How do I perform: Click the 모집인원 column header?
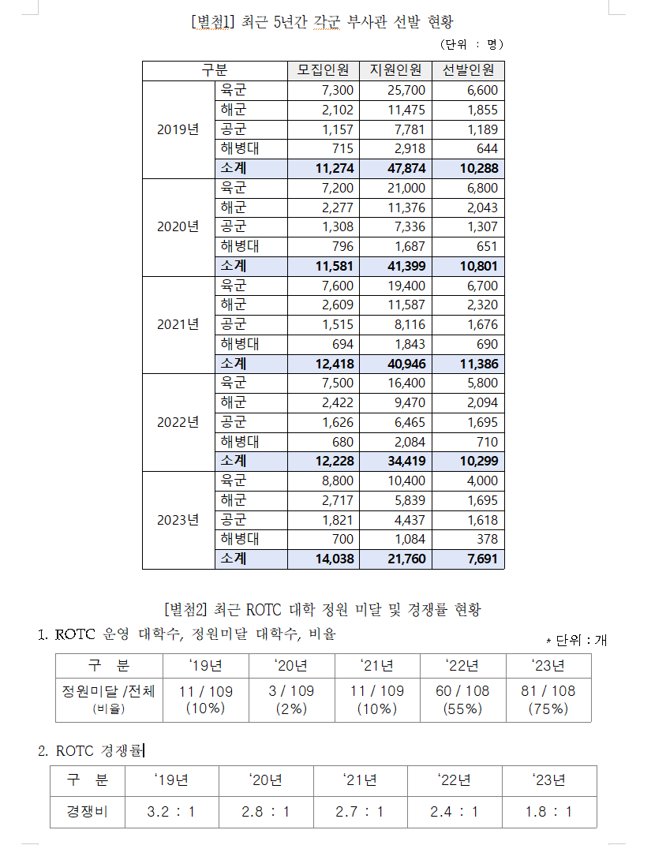[x=324, y=70]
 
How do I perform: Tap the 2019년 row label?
[x=178, y=129]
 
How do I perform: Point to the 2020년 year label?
[x=178, y=226]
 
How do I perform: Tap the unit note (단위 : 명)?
[x=471, y=44]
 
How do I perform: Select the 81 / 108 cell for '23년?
[x=548, y=691]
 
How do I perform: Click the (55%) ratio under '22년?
[x=462, y=708]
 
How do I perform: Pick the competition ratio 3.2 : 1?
[x=171, y=811]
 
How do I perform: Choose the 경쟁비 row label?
[x=87, y=811]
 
